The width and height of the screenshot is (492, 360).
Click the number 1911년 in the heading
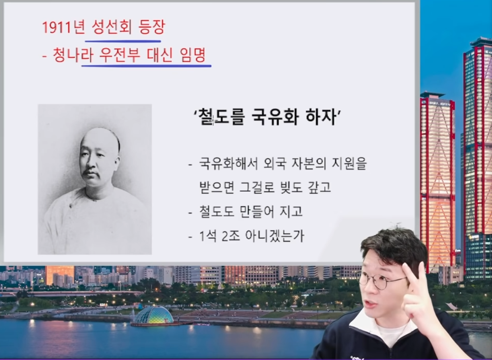click(64, 28)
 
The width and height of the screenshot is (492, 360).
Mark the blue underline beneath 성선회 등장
click(123, 41)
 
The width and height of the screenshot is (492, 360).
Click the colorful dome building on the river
click(153, 316)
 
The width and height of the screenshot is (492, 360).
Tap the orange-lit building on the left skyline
click(60, 275)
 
